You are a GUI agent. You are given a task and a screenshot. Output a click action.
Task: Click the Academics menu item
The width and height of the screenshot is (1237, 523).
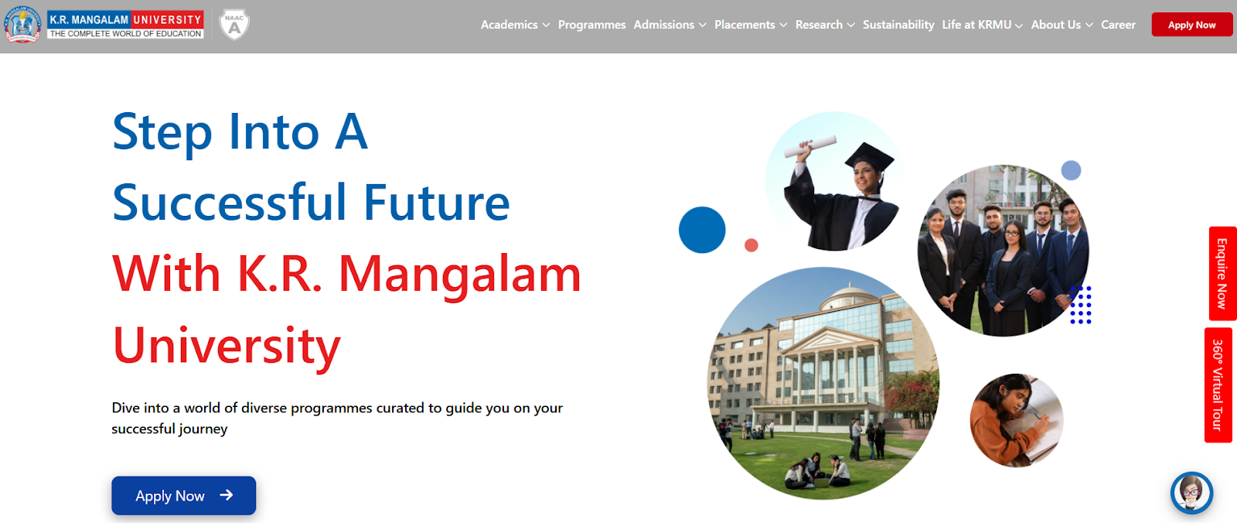click(515, 25)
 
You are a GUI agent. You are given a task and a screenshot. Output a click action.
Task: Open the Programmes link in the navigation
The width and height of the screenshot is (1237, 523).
click(591, 25)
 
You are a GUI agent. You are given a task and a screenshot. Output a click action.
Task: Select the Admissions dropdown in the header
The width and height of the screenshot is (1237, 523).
click(670, 25)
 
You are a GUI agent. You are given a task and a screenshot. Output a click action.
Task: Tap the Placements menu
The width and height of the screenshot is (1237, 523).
click(751, 25)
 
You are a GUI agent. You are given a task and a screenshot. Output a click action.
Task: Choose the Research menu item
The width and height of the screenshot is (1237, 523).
click(825, 25)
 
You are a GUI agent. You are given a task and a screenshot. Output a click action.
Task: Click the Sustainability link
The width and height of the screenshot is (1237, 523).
click(898, 25)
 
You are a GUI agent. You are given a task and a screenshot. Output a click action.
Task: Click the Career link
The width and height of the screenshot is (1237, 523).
click(1118, 25)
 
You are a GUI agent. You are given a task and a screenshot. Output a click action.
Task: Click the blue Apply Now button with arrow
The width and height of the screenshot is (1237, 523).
click(184, 495)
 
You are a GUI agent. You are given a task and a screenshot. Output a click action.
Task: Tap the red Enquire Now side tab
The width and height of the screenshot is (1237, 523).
click(1222, 274)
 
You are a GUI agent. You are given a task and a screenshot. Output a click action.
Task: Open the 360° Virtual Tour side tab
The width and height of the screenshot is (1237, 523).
click(1218, 385)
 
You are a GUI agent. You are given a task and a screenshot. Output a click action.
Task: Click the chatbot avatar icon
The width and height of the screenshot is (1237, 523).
click(1191, 493)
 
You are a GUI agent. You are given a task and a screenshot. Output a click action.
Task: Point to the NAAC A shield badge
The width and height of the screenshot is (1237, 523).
click(234, 24)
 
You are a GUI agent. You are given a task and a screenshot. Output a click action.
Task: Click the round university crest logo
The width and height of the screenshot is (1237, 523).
click(22, 25)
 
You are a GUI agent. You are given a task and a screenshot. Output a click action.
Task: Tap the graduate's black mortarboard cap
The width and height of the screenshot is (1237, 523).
click(869, 157)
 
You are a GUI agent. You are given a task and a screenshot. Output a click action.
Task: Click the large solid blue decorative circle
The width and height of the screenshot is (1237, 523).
click(702, 230)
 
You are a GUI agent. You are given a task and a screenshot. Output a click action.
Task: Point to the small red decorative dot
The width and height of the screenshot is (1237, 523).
click(751, 245)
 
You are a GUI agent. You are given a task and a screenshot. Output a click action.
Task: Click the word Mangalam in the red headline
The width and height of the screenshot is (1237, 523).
click(459, 275)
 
